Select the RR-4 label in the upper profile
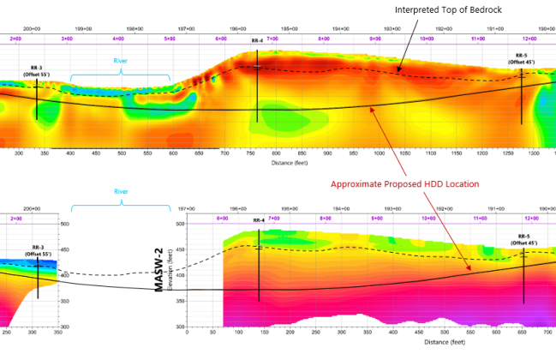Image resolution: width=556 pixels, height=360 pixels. [258, 41]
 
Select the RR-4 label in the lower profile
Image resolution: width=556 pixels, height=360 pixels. [258, 220]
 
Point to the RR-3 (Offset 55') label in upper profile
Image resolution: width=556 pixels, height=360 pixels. [36, 71]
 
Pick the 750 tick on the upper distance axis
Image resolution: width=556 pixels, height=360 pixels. [250, 153]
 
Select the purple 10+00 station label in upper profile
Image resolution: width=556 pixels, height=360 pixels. [427, 39]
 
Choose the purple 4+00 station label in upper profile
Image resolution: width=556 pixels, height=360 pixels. [118, 39]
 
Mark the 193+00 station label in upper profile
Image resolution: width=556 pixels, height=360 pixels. [392, 28]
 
